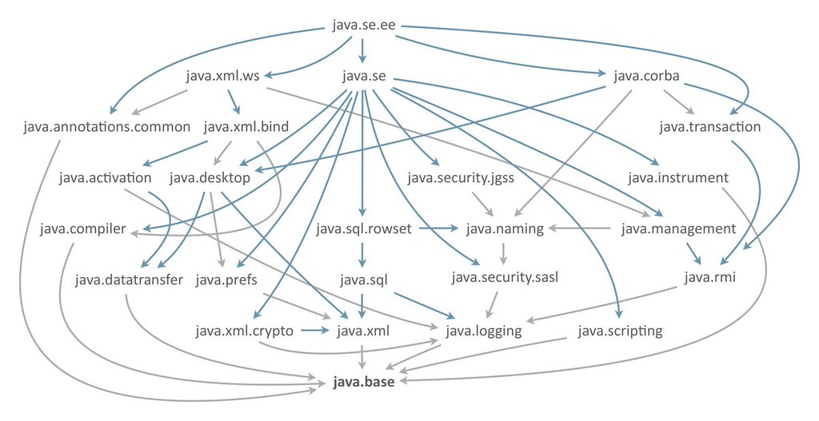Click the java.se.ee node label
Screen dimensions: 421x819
pos(363,26)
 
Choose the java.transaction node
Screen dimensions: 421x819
pos(710,126)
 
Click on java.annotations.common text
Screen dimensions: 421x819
pos(107,126)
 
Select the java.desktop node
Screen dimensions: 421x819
pos(210,177)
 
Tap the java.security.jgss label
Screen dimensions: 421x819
pos(460,177)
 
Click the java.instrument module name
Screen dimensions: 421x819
pos(677,177)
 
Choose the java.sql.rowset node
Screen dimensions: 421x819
pos(363,229)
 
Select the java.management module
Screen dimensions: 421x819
pos(678,229)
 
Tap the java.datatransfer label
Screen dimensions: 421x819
pos(130,280)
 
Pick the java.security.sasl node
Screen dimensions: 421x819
pos(505,279)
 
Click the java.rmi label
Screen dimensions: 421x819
pos(709,279)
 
